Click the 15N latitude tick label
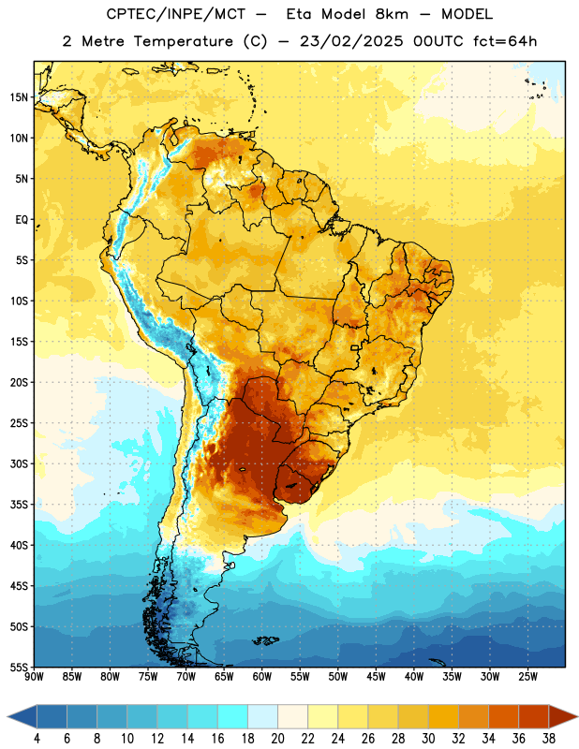19,97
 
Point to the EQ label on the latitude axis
22,220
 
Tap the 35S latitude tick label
19,505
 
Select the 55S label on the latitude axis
19,668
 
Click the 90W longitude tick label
34,677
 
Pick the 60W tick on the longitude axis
262,677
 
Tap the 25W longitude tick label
527,677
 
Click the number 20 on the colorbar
277,739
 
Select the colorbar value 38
549,739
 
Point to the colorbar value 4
37,739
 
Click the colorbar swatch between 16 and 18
233,716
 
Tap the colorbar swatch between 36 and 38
534,716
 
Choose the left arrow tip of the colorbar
7,716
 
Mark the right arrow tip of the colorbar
577,716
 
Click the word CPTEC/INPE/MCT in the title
175,15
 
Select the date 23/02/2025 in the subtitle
351,41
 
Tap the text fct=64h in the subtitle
505,41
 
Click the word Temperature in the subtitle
183,41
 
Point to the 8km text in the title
392,15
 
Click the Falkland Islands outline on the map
265,640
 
